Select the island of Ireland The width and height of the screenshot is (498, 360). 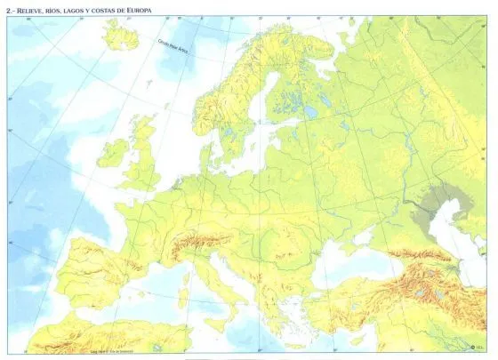(112, 152)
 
